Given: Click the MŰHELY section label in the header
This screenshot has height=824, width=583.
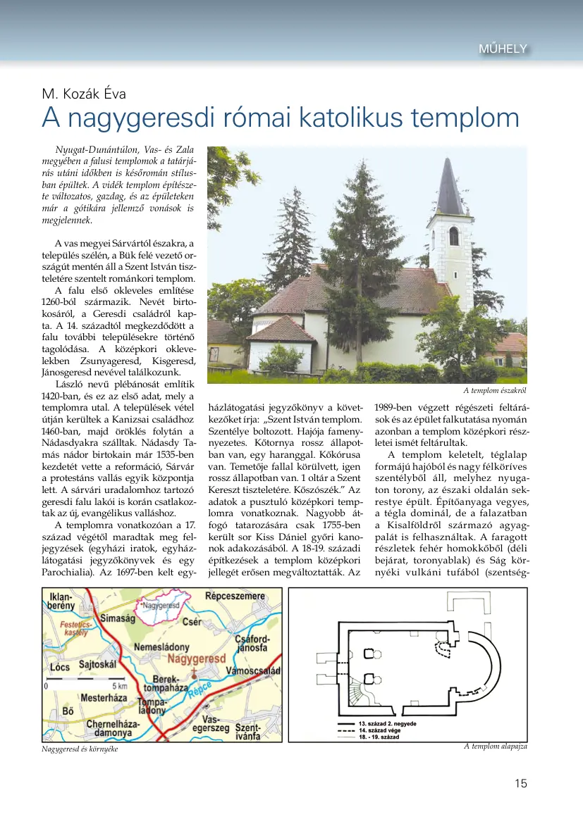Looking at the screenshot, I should [x=503, y=49].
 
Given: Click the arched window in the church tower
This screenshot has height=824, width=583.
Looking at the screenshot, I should [x=453, y=236].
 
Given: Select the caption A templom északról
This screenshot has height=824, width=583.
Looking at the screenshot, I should [x=495, y=390].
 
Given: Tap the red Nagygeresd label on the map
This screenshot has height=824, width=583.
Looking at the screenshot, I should [x=195, y=658].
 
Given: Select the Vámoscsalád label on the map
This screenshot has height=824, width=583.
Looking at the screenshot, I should [x=254, y=670].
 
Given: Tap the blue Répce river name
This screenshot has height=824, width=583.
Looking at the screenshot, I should [x=200, y=689].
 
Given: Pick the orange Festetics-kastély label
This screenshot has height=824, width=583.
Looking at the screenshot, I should [x=76, y=628].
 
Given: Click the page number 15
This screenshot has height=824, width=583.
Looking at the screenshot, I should [x=520, y=783].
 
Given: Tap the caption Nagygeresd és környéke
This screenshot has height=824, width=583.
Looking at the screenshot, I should [x=80, y=749].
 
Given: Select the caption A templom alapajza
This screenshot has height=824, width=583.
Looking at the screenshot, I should [x=495, y=746].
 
